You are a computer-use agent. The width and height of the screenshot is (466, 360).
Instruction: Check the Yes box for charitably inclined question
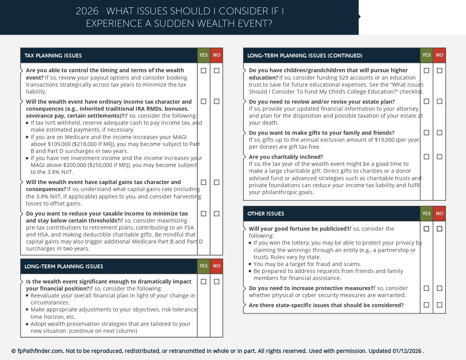click(426, 157)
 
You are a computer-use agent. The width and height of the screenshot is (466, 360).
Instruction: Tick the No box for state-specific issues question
click(439, 305)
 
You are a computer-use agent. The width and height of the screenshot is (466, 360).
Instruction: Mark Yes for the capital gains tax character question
click(203, 182)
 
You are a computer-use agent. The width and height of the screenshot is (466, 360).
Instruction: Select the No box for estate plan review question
click(439, 101)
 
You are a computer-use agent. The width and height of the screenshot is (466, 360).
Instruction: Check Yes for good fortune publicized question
click(426, 229)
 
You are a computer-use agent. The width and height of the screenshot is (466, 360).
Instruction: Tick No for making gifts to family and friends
click(439, 133)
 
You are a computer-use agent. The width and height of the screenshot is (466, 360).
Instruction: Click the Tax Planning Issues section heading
click(53, 56)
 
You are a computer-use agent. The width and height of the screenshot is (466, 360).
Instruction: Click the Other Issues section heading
click(266, 214)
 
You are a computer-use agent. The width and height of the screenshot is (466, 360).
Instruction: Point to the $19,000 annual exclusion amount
click(390, 140)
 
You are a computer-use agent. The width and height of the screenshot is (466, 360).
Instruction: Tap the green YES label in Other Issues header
click(426, 214)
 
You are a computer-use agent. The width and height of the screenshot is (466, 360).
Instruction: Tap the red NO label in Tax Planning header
click(217, 55)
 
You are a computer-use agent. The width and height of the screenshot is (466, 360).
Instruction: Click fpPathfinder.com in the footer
click(40, 351)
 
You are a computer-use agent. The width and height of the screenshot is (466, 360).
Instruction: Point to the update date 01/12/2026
click(407, 351)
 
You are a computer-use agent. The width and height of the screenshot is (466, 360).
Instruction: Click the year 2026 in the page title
click(87, 11)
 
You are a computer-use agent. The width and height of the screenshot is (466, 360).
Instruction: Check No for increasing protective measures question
click(439, 288)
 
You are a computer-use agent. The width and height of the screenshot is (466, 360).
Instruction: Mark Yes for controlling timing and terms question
click(203, 71)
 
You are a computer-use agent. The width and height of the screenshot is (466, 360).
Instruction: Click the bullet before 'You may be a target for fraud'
click(250, 264)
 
